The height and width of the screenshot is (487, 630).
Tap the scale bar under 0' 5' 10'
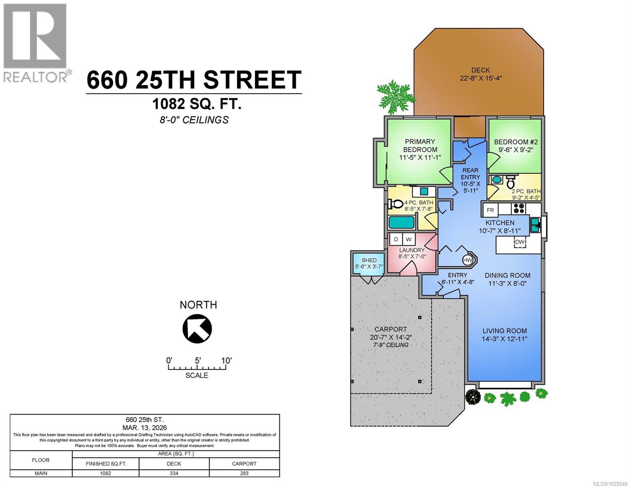[197, 368]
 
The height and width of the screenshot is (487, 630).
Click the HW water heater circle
[467, 260]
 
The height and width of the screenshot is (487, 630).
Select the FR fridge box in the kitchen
[490, 210]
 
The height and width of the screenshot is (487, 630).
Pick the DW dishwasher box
[520, 242]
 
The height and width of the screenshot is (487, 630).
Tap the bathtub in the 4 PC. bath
[402, 222]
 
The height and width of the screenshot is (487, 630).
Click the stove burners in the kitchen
[519, 209]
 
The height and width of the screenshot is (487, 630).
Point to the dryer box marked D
[396, 239]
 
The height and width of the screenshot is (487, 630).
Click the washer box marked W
[409, 239]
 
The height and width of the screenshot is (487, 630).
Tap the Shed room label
[369, 260]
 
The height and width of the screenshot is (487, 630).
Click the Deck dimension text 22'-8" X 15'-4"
[481, 78]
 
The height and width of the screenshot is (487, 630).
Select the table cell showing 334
[174, 473]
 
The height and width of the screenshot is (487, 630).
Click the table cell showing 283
[244, 473]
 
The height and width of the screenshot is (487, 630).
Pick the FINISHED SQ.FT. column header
[106, 463]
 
